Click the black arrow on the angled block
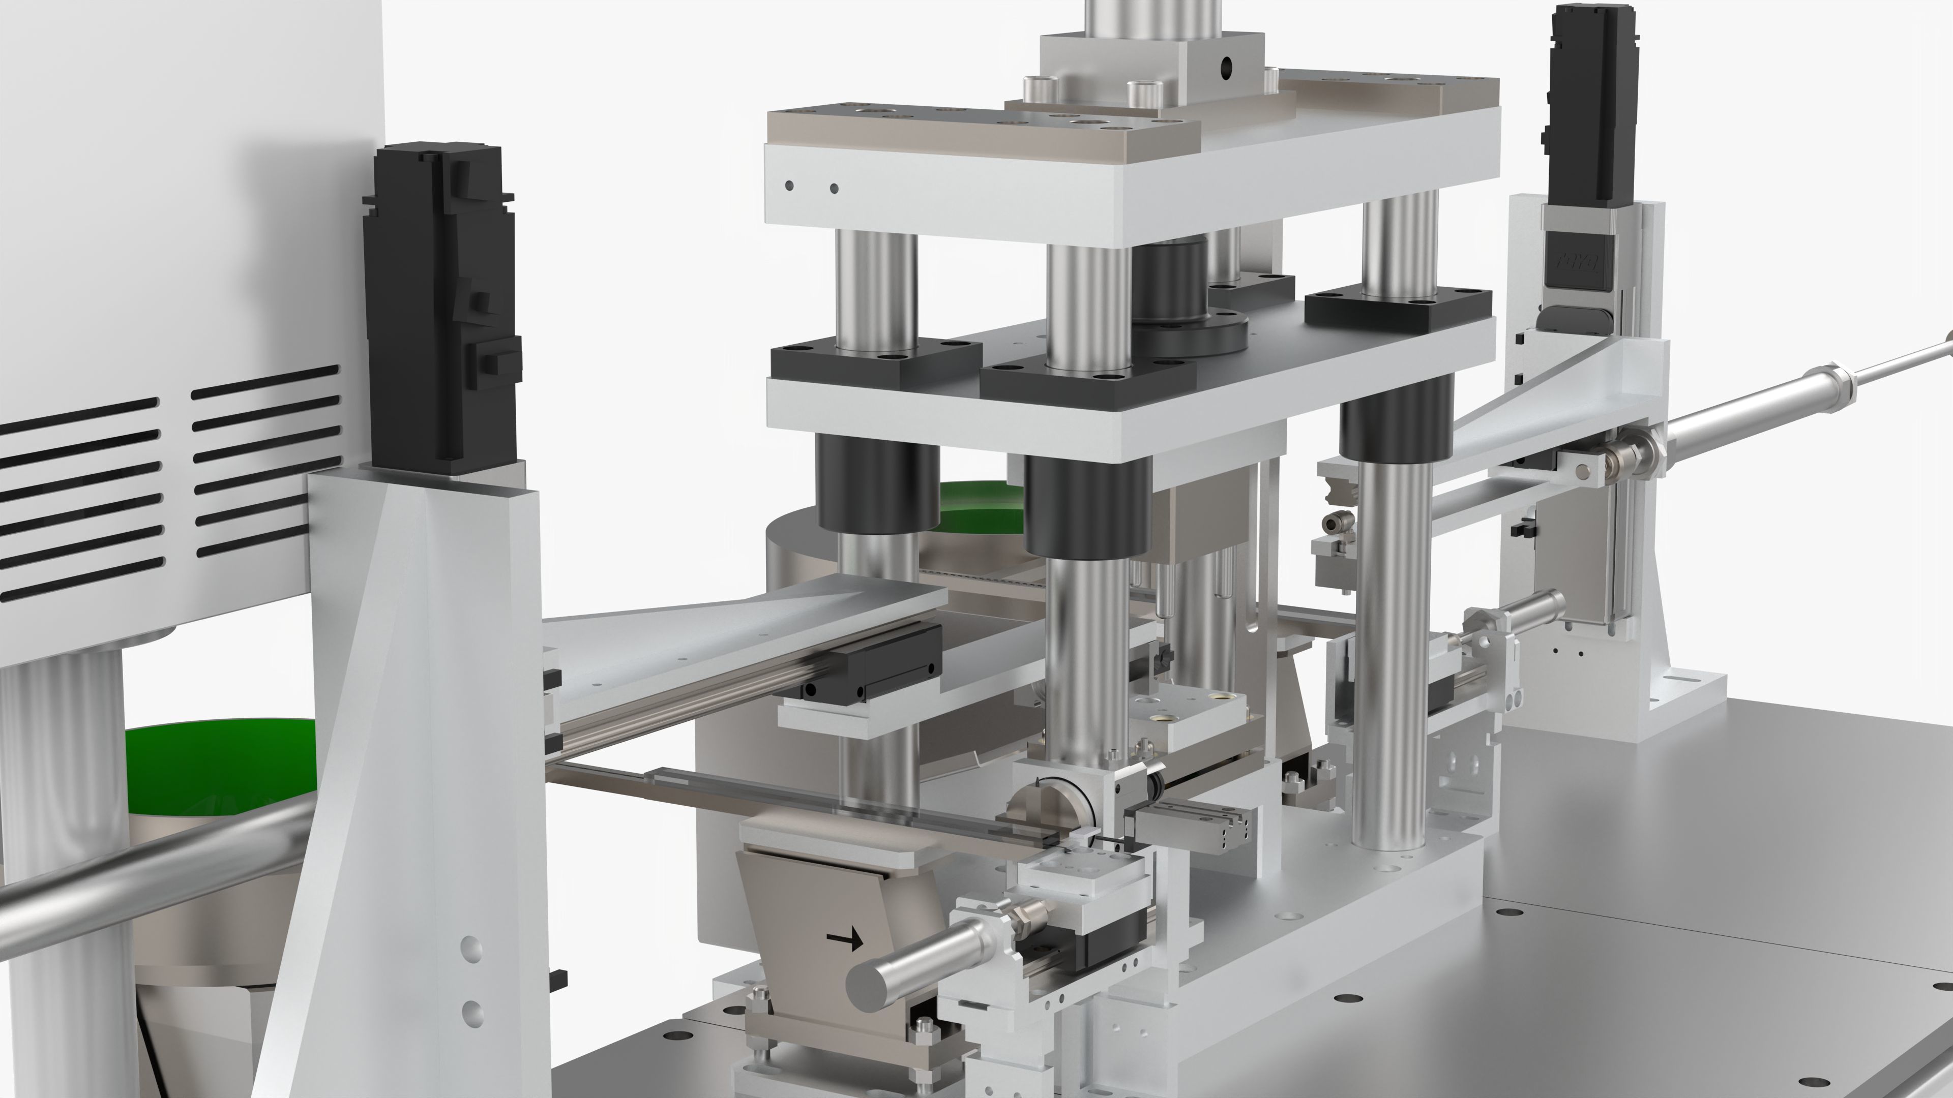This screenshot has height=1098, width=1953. pos(845,940)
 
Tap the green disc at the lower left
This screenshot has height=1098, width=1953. pos(220,766)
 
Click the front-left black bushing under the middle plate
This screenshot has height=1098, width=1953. pos(877,485)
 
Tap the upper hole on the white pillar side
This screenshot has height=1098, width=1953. pos(471,947)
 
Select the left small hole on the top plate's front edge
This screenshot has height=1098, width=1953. pos(790,185)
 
